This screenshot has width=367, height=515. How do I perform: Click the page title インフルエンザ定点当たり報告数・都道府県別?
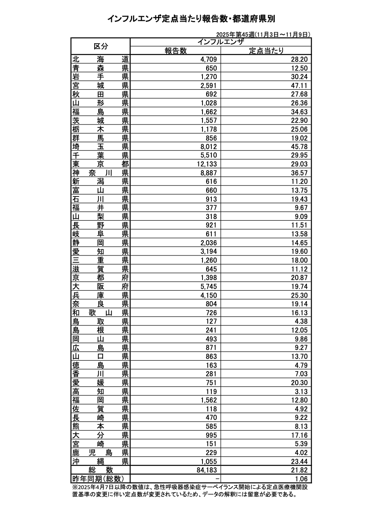pos(191,19)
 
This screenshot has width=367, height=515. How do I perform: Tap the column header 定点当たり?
pos(266,51)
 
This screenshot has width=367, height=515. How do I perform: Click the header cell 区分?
pos(101,46)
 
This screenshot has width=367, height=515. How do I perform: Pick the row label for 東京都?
pos(101,164)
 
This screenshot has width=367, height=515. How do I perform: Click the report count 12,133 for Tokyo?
pos(206,164)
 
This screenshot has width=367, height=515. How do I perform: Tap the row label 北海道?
pos(101,59)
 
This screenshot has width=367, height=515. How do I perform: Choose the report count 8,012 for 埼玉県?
pos(209,146)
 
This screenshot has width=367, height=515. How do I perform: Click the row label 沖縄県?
pos(101,461)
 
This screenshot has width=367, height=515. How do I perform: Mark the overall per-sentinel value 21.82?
pos(299,470)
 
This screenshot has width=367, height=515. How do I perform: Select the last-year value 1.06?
pos(301,479)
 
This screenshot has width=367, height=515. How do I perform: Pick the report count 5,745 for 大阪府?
pos(209,286)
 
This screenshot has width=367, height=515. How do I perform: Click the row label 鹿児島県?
pos(101,452)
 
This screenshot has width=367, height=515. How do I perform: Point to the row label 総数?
pos(101,470)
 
